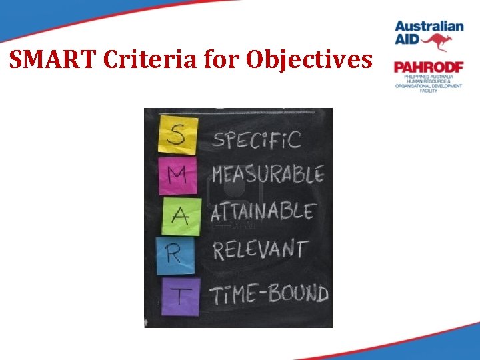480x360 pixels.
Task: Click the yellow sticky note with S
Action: point(177,136)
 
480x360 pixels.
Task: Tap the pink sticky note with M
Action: point(177,175)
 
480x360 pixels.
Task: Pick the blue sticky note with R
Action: point(175,254)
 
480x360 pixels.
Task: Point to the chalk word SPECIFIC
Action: point(257,141)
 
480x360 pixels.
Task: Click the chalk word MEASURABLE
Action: point(268,175)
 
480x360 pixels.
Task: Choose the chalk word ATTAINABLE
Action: point(263,213)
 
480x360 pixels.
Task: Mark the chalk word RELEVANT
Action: point(260,251)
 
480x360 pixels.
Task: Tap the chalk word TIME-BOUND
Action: point(269,293)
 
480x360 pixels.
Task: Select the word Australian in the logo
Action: point(429,27)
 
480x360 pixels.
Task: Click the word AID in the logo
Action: point(408,41)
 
